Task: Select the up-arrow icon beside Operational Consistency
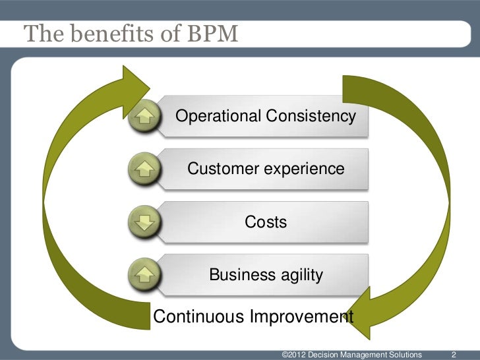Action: (144, 117)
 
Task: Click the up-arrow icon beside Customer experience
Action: (144, 169)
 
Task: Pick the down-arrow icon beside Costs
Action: (144, 222)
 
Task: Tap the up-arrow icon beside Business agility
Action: (144, 274)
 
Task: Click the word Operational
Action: (218, 117)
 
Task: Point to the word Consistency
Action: (311, 117)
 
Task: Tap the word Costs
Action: (266, 222)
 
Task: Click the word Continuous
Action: (199, 316)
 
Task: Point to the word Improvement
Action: (301, 316)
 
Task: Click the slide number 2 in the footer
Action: (453, 355)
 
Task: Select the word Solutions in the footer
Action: (402, 355)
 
